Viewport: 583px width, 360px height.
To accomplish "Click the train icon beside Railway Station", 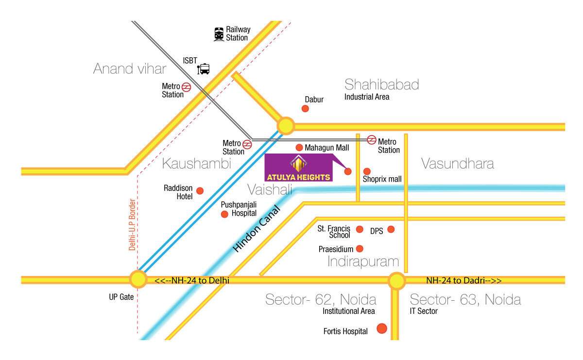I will tap(220, 34).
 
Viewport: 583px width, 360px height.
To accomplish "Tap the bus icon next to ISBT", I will tap(204, 69).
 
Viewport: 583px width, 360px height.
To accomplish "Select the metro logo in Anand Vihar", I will tap(187, 87).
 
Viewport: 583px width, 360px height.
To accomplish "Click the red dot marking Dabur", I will tap(305, 108).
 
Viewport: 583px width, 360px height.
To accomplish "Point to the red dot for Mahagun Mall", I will tap(299, 147).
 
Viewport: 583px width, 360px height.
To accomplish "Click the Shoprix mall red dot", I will tap(367, 171).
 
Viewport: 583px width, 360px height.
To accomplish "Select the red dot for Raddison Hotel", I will tap(200, 190).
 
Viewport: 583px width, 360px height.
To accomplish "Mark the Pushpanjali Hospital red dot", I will tap(224, 214).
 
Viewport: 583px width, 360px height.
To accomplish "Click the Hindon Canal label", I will tap(257, 229).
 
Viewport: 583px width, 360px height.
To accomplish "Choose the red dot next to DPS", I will tap(391, 229).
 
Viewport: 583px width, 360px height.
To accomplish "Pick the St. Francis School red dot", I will tap(360, 229).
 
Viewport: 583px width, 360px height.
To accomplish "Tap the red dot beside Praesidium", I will tap(360, 249).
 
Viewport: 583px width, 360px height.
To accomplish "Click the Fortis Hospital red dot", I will tap(382, 329).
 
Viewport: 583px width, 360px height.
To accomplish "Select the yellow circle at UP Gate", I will tap(138, 279).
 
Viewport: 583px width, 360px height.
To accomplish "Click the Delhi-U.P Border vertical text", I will tap(132, 224).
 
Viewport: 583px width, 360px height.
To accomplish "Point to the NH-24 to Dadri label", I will tap(463, 280).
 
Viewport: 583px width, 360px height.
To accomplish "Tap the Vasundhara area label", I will tap(457, 164).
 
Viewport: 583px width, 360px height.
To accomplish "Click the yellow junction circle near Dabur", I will tap(286, 126).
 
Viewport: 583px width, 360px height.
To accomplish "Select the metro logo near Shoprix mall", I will tap(372, 139).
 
